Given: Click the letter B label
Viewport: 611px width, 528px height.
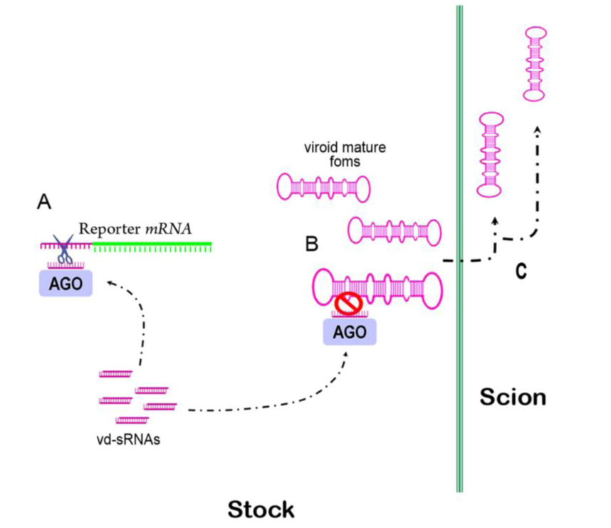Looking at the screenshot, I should pos(312,244).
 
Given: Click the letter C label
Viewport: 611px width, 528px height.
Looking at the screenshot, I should pos(521,271).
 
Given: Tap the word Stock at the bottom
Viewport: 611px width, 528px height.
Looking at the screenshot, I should pos(261,509).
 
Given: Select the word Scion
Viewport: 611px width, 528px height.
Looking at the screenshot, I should pos(513,397).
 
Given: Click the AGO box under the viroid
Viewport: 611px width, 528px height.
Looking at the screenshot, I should pos(350,332).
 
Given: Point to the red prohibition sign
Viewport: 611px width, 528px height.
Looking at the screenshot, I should pos(349,304).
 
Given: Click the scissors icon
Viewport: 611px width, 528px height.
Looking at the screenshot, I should pos(66,250).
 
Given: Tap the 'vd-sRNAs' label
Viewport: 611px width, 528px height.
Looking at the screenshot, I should pos(128,439).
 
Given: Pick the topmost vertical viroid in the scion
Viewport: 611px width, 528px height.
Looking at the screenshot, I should pos(535,64).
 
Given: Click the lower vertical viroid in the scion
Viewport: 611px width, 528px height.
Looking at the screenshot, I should pos(490,155).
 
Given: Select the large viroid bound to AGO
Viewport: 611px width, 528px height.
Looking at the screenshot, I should pos(377,287).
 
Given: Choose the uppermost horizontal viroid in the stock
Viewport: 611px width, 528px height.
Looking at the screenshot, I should pos(323,187).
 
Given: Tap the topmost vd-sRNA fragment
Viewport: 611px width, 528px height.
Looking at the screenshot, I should pos(115,373).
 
